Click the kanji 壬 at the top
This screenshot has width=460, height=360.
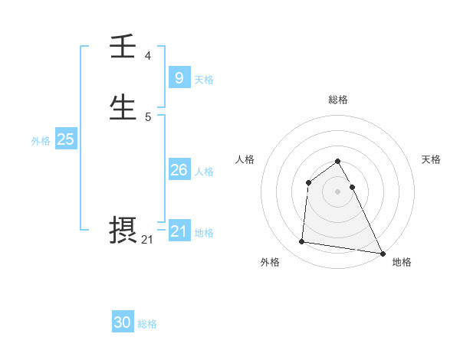coord(123,48)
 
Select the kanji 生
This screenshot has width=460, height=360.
coord(123,108)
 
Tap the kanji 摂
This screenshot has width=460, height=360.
coord(123,231)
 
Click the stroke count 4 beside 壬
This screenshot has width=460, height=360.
coord(148,56)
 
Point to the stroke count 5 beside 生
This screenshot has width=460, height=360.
coord(148,116)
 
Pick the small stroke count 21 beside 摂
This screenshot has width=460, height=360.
coord(147,240)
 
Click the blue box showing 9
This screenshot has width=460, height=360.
coord(179,77)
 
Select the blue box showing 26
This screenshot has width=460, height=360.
coord(179,170)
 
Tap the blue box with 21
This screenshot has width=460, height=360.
coord(179,231)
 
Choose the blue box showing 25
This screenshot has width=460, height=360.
coord(65,139)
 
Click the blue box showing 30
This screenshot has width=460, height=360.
coord(123,322)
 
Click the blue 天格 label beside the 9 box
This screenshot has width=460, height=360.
coord(204,80)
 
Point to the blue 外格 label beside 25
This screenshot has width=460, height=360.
coord(41,141)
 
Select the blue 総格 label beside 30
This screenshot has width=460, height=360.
coord(147,324)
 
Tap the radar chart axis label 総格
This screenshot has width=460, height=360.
coord(338,100)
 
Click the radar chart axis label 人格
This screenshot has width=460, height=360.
coord(245,159)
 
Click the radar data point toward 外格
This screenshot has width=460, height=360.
coord(302,242)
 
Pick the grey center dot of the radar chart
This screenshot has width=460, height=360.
coord(338,191)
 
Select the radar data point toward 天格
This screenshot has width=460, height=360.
coord(352,187)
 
